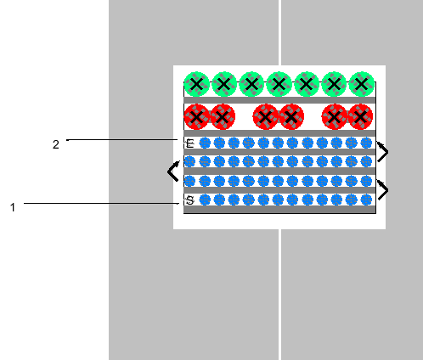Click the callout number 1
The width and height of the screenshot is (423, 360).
point(13,207)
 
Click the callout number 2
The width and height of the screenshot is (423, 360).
point(56,144)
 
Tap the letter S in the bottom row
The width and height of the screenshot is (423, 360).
point(190,200)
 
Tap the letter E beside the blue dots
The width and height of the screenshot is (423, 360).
point(190,143)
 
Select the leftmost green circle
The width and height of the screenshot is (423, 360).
point(196,84)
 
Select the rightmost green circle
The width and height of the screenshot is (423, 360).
point(362,84)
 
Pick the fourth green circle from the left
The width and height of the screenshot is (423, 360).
point(279,84)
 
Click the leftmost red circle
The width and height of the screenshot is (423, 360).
point(197,116)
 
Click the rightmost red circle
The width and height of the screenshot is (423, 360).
point(360,116)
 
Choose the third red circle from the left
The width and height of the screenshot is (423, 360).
point(266,116)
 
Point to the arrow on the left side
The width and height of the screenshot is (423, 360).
point(173,172)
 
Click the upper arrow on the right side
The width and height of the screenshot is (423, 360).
point(382,152)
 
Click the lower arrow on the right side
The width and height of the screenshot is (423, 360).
point(382,190)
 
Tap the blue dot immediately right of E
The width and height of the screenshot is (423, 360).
point(205,143)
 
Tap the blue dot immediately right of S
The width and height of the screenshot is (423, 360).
point(205,200)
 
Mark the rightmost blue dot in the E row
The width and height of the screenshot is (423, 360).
point(367,143)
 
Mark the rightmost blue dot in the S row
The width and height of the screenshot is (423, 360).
point(367,200)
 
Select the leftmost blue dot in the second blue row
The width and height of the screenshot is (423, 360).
point(189,161)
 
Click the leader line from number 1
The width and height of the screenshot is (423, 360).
point(101,203)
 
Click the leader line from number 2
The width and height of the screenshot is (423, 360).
point(122,139)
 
